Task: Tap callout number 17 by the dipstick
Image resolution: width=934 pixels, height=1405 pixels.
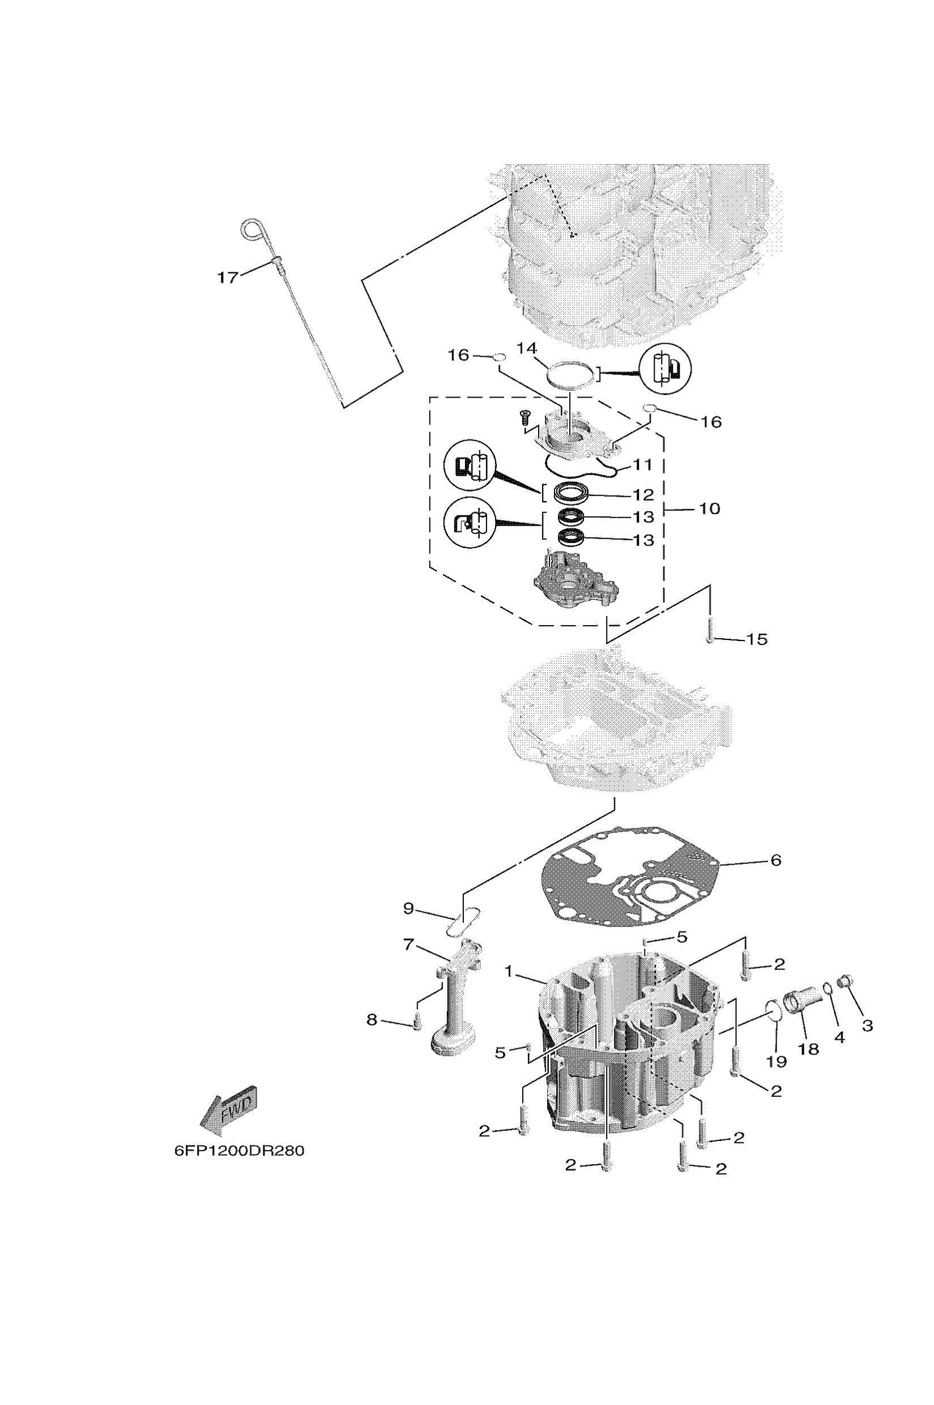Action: [227, 277]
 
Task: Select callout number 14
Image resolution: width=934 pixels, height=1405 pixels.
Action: [527, 348]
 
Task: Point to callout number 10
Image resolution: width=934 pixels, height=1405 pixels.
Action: [709, 509]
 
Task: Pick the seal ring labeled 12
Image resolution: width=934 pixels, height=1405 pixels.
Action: [572, 494]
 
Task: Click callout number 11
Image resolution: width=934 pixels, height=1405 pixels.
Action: [643, 464]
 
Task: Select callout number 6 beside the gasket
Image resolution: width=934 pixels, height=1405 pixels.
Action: [775, 860]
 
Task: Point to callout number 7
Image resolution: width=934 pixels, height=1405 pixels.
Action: [408, 945]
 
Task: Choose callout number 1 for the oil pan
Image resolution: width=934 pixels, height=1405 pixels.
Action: [509, 971]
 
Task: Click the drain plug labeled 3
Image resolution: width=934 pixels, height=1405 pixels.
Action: [845, 980]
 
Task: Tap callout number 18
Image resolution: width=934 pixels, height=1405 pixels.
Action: [808, 1049]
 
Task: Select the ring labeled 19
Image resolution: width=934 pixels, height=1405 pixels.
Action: [773, 1010]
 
